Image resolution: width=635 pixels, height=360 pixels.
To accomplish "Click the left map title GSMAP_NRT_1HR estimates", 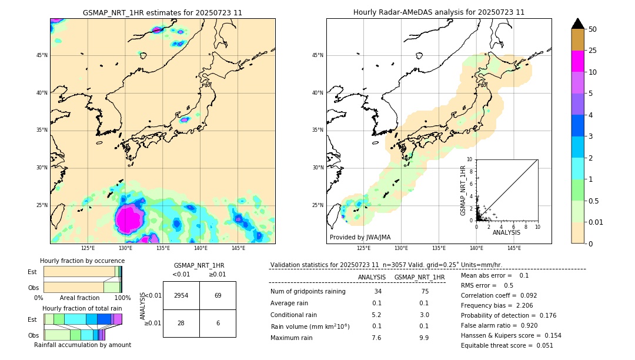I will [x=162, y=12].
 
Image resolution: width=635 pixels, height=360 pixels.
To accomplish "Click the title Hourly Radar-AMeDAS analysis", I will [x=439, y=12].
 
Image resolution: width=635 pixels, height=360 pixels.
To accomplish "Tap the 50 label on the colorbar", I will [x=593, y=29].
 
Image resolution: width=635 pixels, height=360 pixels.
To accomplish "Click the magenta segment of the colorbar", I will [x=577, y=61].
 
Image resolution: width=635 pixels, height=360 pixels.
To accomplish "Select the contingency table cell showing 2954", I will [x=181, y=295].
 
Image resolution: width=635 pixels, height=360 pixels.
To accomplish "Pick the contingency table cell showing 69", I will [x=218, y=295].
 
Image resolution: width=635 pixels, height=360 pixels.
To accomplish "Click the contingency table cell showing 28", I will [x=181, y=324].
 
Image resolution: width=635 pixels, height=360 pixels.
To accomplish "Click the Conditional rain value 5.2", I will [x=376, y=315].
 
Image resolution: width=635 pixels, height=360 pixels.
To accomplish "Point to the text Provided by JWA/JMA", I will [x=360, y=237].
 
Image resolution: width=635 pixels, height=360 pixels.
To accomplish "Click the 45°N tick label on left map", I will [x=42, y=55].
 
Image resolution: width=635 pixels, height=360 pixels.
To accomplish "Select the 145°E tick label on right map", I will [x=514, y=248].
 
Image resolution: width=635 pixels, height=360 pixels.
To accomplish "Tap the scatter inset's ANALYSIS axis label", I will [x=506, y=232].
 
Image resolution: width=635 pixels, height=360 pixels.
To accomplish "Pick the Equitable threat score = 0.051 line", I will [x=507, y=345].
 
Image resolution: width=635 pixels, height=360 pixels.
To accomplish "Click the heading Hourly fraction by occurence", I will [x=82, y=261].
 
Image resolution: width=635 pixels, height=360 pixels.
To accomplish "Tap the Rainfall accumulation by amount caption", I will [x=82, y=345].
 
